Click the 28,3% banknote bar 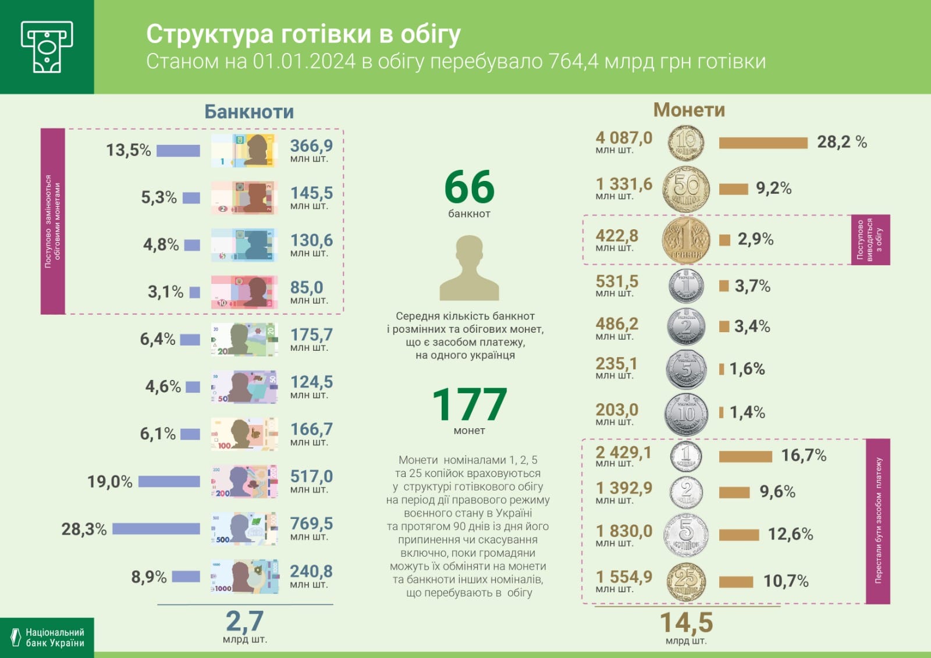(x=156, y=529)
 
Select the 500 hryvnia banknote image (x=244, y=529)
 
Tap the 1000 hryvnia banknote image (x=244, y=577)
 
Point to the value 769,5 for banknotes (x=311, y=524)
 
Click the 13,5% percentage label (x=128, y=151)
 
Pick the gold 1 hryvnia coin (x=687, y=240)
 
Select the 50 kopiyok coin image (x=687, y=188)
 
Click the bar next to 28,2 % (x=763, y=143)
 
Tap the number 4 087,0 (x=624, y=138)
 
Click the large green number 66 (x=469, y=187)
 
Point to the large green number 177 (x=469, y=404)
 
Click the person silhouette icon (x=469, y=269)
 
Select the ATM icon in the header (x=47, y=47)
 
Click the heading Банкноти (x=249, y=112)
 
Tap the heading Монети (x=689, y=110)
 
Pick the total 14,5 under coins (x=686, y=623)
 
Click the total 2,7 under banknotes (x=244, y=621)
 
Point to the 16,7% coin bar (x=745, y=456)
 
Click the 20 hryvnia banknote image (x=244, y=340)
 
